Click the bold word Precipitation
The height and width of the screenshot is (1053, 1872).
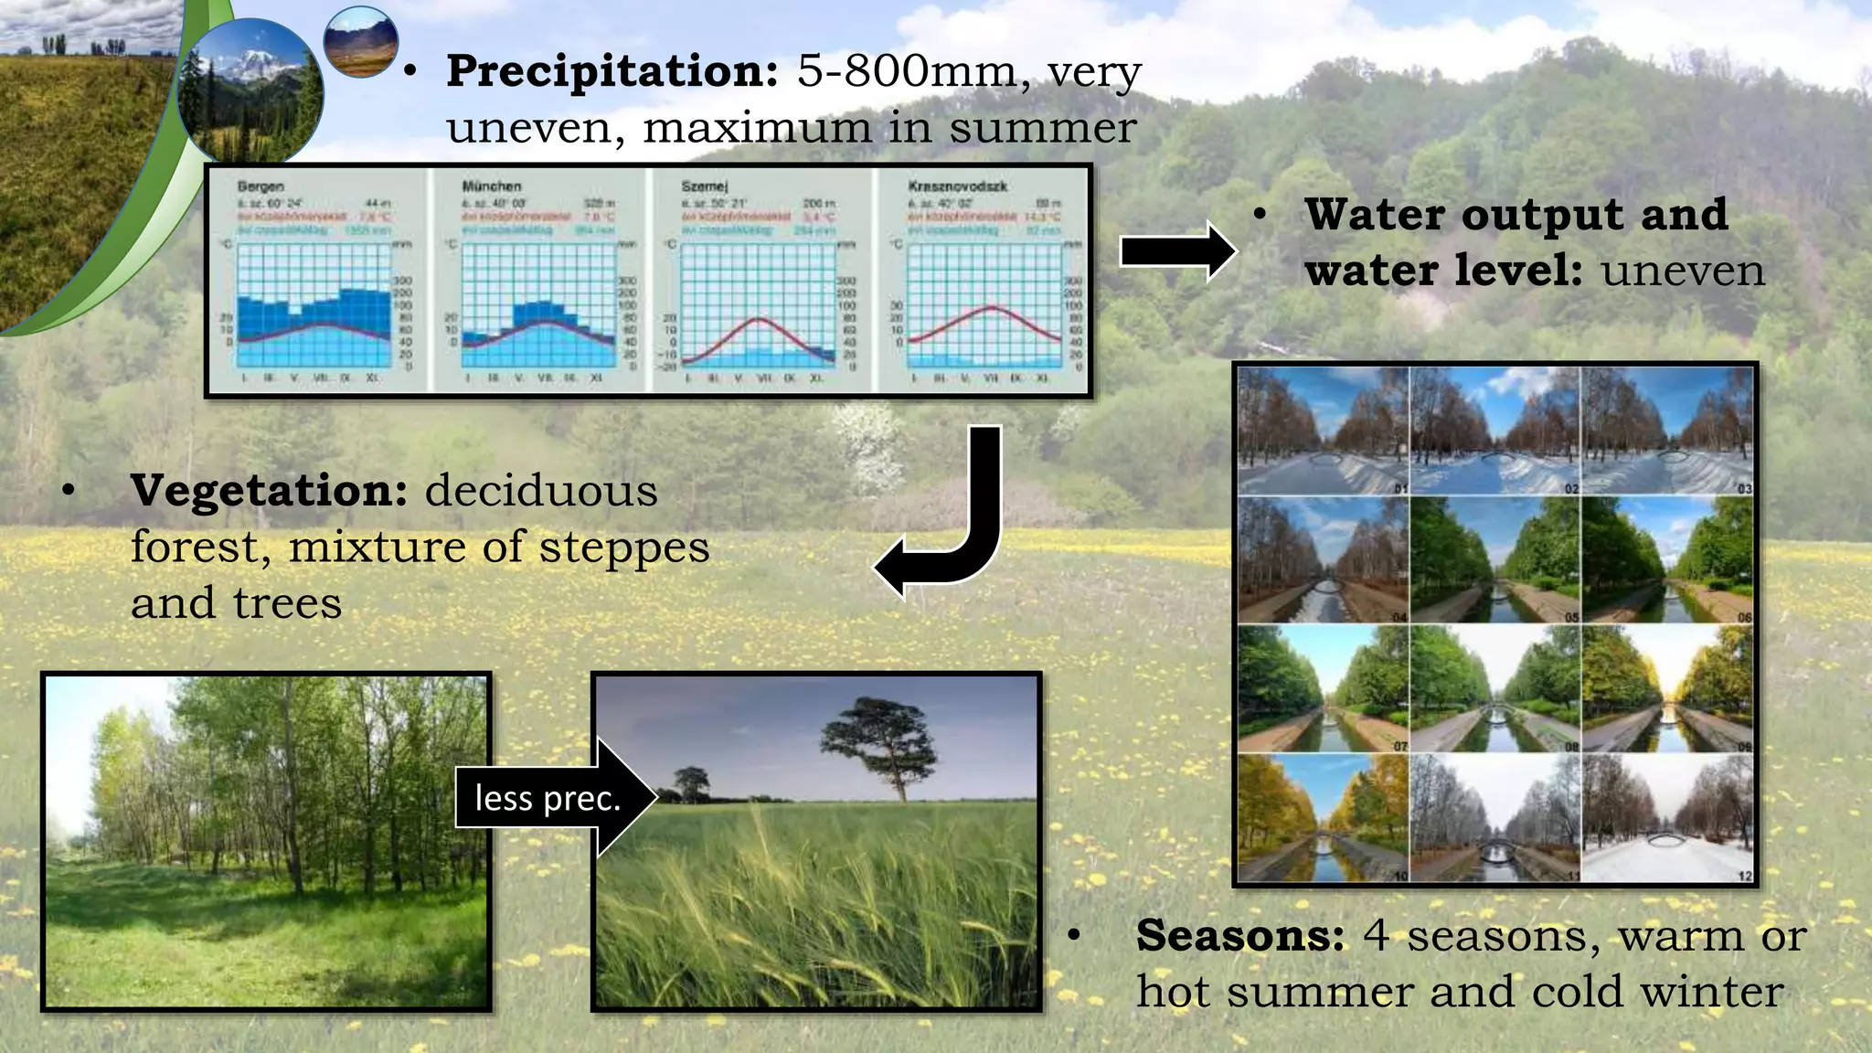pyautogui.click(x=612, y=71)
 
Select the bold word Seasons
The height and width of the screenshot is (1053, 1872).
pyautogui.click(x=1239, y=936)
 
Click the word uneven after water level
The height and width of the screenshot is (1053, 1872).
pyautogui.click(x=1683, y=271)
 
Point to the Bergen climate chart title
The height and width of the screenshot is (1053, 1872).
pyautogui.click(x=261, y=186)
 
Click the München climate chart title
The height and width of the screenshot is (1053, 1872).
pyautogui.click(x=491, y=186)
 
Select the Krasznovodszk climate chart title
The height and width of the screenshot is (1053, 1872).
pyautogui.click(x=957, y=186)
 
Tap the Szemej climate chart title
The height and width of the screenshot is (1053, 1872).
pyautogui.click(x=704, y=186)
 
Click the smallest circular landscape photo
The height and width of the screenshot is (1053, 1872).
pyautogui.click(x=361, y=41)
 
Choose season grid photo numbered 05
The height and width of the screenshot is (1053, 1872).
pyautogui.click(x=1494, y=559)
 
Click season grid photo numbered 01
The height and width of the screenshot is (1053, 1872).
pyautogui.click(x=1323, y=431)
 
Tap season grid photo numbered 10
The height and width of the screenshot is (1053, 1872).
pyautogui.click(x=1323, y=818)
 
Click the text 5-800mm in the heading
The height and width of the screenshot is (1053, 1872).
pyautogui.click(x=906, y=71)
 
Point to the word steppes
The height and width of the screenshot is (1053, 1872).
pyautogui.click(x=623, y=548)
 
